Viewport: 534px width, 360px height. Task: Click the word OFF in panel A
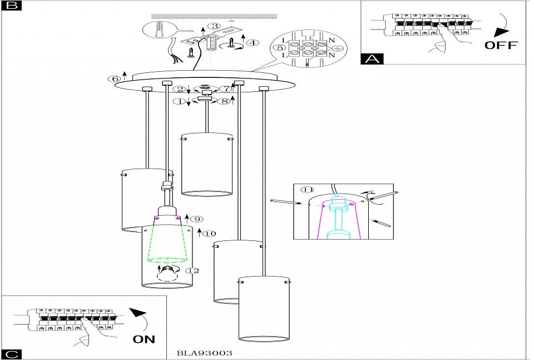(x=501, y=45)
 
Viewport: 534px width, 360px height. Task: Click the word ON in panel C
(x=144, y=338)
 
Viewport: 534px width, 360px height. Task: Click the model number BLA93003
(x=204, y=353)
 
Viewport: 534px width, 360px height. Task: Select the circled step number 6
(x=115, y=79)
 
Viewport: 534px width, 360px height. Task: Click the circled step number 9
(x=198, y=219)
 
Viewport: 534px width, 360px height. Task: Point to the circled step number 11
(x=306, y=189)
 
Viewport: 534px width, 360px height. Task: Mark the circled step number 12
(x=192, y=270)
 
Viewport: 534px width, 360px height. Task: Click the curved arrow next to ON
(x=141, y=318)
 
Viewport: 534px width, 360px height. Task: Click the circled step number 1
(x=179, y=101)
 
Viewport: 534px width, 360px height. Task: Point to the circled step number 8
(x=224, y=101)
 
